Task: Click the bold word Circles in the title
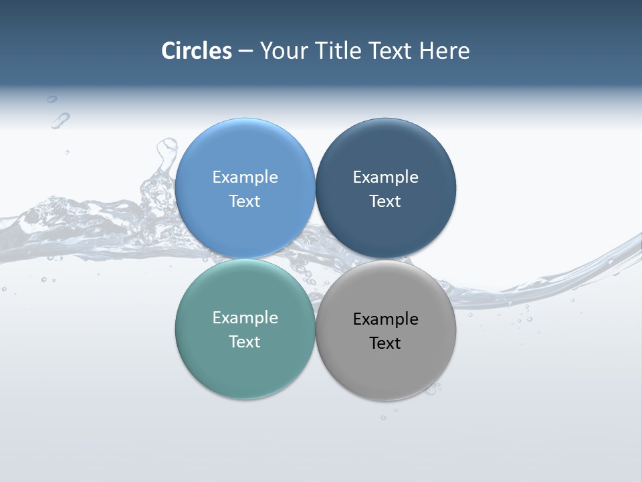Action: point(197,51)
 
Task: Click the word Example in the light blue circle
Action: point(245,177)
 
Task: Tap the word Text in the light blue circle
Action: point(245,201)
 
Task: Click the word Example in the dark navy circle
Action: point(385,177)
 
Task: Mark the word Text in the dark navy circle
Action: point(385,201)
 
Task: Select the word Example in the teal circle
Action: point(245,317)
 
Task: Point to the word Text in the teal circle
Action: point(245,341)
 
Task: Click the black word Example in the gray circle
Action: point(385,319)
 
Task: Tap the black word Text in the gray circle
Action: point(385,343)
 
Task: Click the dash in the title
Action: point(245,52)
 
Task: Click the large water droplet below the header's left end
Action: point(60,120)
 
